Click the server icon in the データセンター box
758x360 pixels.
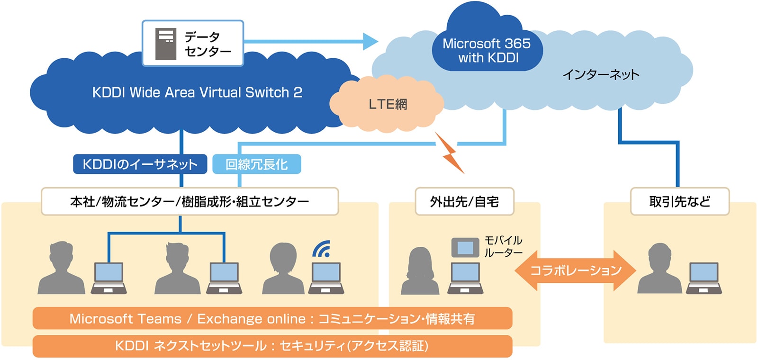click(166, 44)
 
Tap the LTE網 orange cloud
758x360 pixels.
click(387, 104)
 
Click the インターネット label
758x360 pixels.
click(601, 74)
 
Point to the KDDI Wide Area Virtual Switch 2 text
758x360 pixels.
click(197, 92)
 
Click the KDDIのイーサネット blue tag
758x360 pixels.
click(140, 164)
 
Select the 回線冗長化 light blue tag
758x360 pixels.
click(256, 164)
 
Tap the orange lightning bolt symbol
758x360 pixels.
click(450, 153)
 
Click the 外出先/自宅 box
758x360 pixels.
click(464, 201)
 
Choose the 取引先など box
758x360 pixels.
click(679, 201)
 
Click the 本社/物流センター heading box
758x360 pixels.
click(189, 201)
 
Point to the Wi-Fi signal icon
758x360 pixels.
click(322, 249)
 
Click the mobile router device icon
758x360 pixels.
click(465, 247)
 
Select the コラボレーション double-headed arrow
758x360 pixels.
click(575, 270)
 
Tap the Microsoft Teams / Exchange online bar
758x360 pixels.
click(272, 318)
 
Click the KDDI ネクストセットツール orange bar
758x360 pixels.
click(272, 346)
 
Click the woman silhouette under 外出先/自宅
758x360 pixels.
click(420, 271)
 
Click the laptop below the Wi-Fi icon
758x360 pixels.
click(326, 279)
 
